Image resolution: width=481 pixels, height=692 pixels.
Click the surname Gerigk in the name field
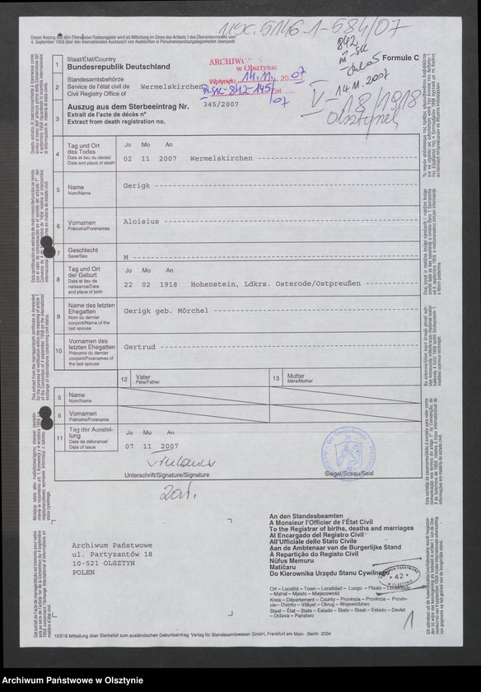click(137, 187)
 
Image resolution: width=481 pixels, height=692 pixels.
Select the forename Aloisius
click(142, 222)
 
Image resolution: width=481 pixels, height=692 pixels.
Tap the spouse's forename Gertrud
click(139, 347)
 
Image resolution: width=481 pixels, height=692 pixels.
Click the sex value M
click(126, 256)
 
